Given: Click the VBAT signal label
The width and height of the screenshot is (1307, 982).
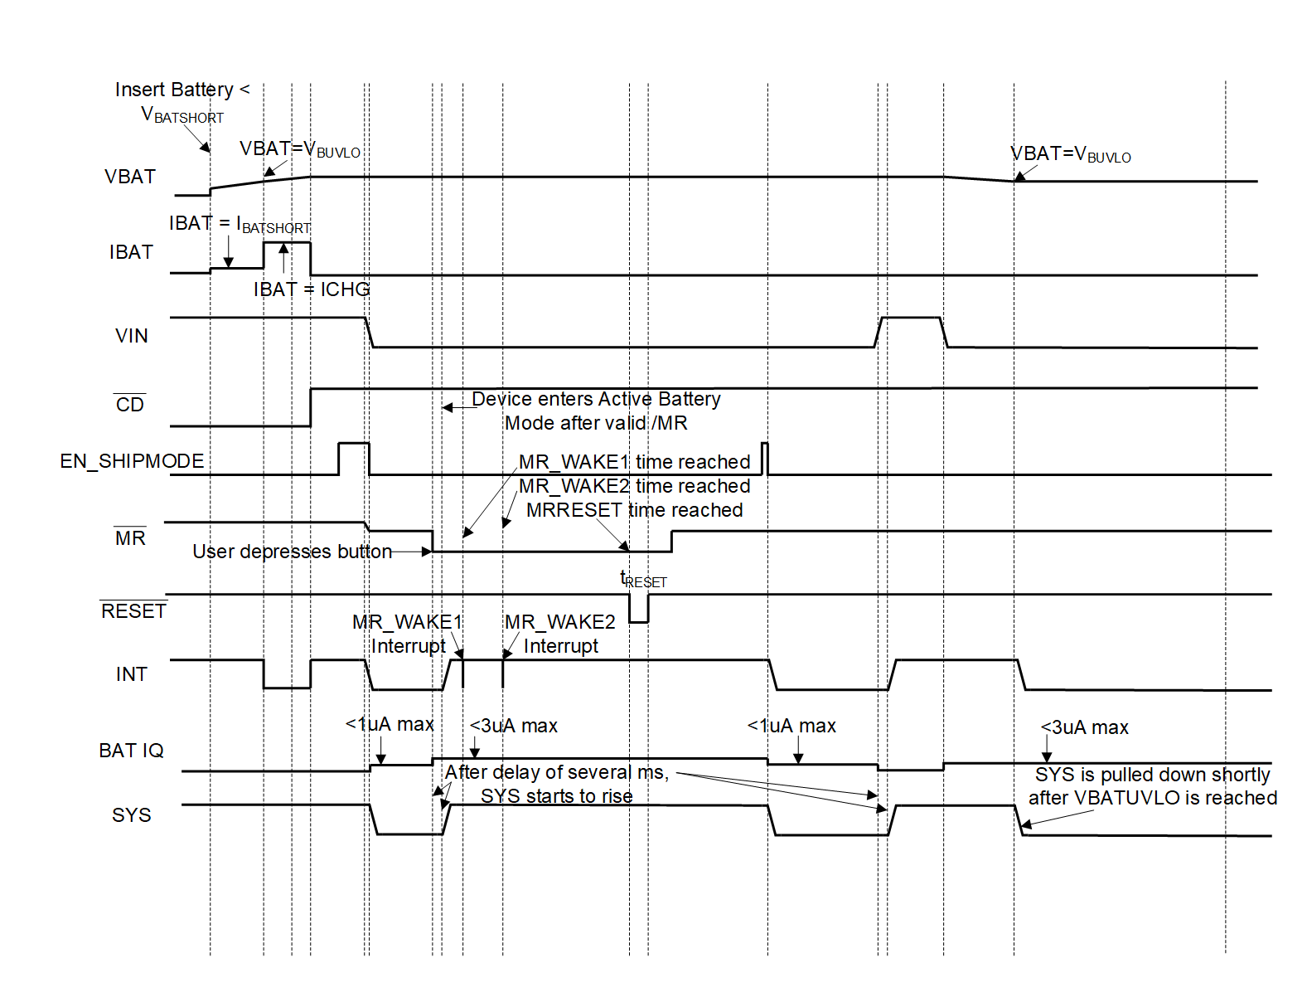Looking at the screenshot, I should (130, 177).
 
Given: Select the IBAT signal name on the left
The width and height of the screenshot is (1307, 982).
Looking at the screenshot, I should (131, 252).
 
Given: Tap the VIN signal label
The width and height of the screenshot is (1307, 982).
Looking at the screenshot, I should (132, 336).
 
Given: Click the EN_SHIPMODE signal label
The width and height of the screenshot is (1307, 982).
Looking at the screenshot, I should (132, 461).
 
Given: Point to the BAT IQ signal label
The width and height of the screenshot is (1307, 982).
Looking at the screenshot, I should (131, 751).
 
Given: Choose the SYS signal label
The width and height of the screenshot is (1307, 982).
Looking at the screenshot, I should (132, 815).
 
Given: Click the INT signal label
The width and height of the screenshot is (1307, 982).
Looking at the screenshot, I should (132, 674).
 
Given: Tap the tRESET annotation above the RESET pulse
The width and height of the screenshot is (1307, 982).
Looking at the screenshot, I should (643, 580).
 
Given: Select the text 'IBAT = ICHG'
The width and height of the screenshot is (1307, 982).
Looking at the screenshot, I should (312, 289).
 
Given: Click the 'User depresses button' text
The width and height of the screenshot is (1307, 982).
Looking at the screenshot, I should (292, 552).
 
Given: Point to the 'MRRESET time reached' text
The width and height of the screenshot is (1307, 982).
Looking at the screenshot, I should (634, 510).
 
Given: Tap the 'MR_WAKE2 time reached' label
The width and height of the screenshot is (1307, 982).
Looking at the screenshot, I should (634, 486).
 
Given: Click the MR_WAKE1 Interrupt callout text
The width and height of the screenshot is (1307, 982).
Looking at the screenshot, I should (407, 634).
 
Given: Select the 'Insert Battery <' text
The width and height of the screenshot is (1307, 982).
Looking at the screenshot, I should (182, 90).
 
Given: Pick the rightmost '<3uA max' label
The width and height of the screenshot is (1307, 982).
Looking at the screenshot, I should (1084, 727).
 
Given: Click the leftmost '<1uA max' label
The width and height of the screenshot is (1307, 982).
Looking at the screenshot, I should (390, 724).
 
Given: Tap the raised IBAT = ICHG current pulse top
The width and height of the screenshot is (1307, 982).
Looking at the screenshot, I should (287, 243).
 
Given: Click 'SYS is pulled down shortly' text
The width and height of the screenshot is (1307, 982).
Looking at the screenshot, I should (1152, 775).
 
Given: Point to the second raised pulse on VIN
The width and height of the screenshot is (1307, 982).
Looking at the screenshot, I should (911, 318).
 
